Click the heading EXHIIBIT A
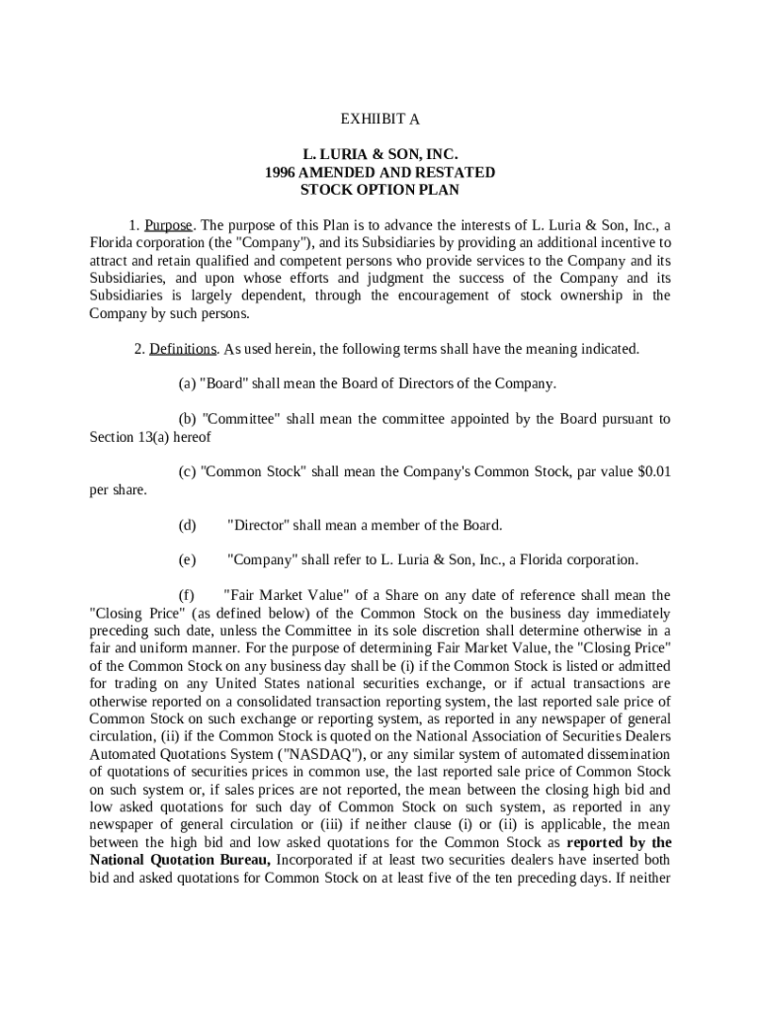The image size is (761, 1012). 380,120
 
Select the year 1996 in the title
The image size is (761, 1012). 283,172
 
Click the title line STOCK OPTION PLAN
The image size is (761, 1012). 380,190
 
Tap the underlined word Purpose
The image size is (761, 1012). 168,224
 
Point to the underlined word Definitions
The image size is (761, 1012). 183,349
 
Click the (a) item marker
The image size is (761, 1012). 187,383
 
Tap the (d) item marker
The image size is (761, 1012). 187,525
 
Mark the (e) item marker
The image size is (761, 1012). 187,559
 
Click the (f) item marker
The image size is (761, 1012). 186,595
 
